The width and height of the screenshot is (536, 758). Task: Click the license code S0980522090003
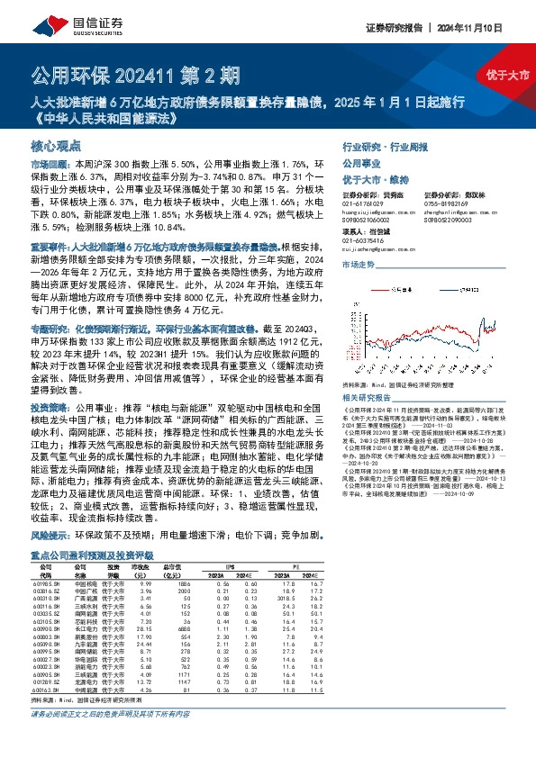[449, 221]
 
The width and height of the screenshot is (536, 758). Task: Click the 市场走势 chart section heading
[357, 264]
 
